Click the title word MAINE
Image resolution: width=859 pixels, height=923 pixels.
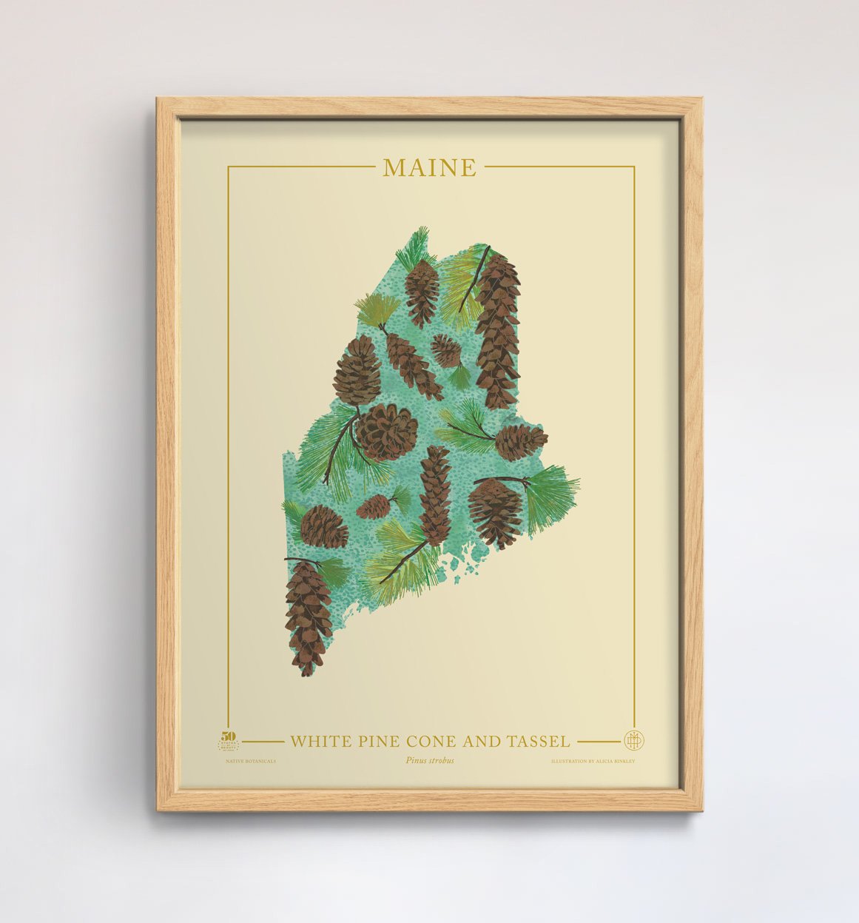coord(430,168)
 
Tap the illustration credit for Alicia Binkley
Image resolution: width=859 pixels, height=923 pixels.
coord(593,760)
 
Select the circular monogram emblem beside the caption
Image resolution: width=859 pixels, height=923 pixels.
coord(632,740)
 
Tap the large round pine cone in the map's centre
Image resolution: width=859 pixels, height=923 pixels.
coord(385,432)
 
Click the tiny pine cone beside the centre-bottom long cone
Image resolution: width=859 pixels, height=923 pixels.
coord(374,506)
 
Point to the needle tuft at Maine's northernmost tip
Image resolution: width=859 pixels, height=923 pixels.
coord(414,245)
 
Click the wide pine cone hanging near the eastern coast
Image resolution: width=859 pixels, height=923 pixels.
coord(496,511)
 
